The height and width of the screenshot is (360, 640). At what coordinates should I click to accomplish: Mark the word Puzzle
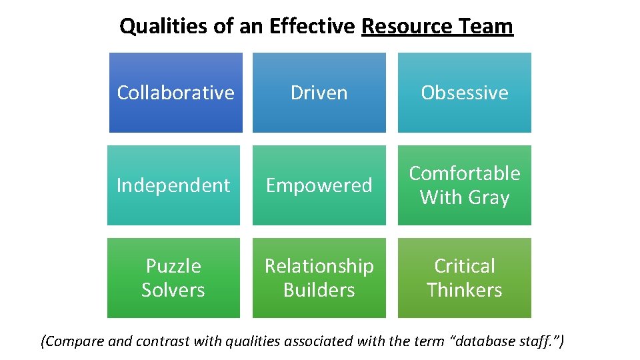[x=173, y=266]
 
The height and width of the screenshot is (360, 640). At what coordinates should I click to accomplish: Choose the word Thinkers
[x=464, y=290]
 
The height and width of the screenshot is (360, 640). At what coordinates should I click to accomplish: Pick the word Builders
[x=319, y=290]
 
